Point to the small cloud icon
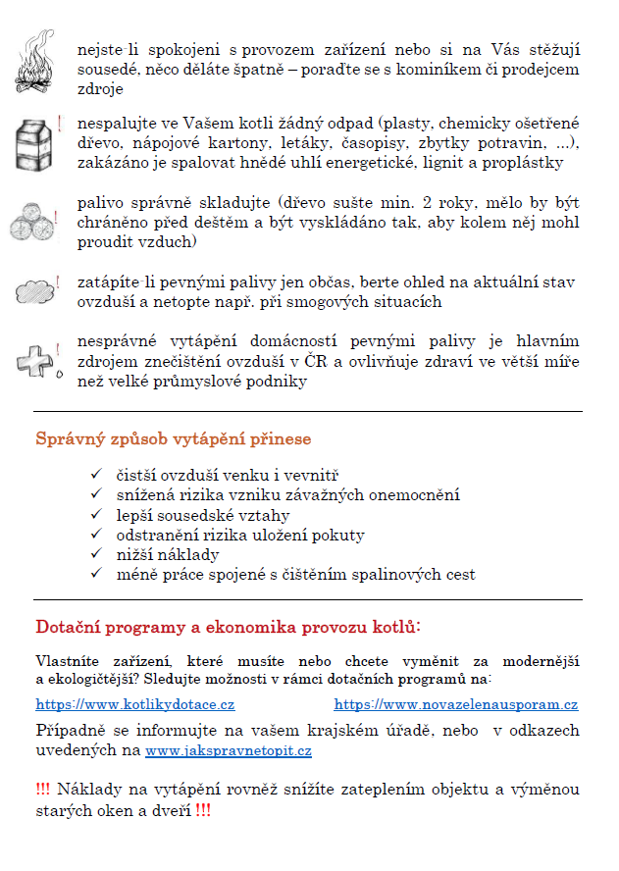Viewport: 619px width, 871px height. click(36, 291)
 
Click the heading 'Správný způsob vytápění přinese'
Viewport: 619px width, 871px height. click(173, 438)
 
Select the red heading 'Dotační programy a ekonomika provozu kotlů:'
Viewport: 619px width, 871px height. click(229, 626)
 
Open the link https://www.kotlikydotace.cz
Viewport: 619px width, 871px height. click(135, 704)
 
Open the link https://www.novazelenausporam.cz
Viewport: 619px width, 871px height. click(456, 704)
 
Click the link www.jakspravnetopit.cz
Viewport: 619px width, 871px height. click(229, 751)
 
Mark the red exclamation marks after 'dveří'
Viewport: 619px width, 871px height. click(202, 811)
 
